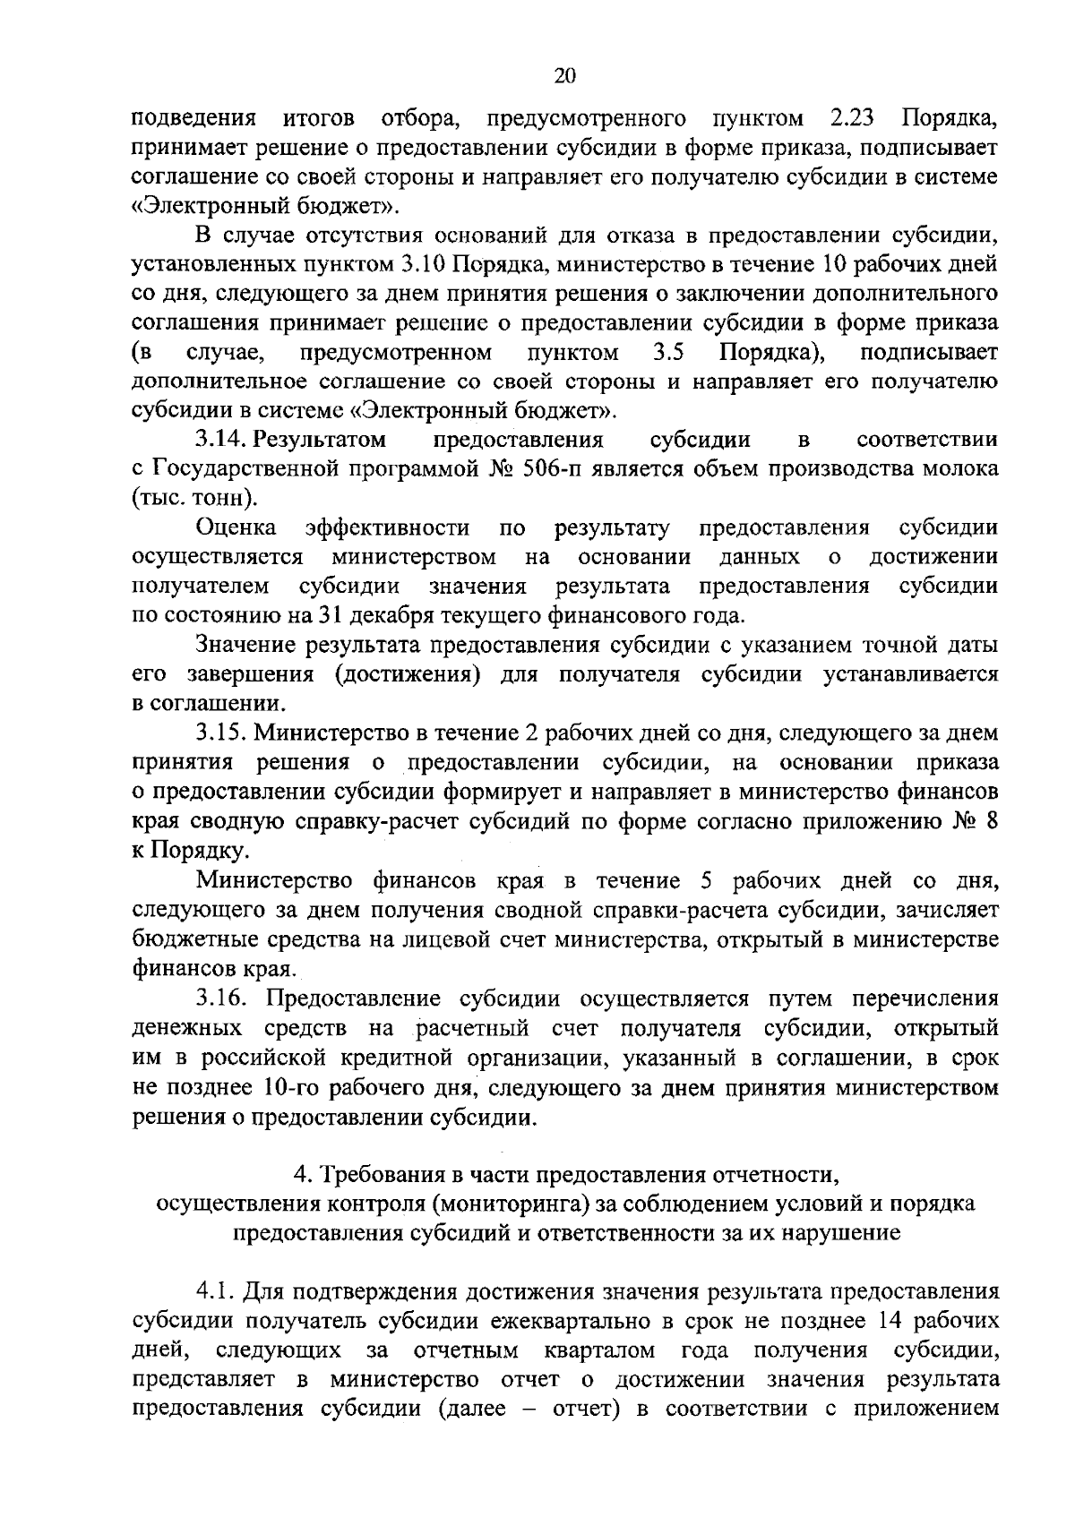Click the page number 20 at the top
tap(565, 76)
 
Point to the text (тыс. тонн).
tap(193, 499)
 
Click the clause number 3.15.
tap(223, 733)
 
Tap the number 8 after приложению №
tap(990, 821)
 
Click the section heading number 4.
tap(301, 1174)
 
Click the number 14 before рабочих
tap(899, 1321)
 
